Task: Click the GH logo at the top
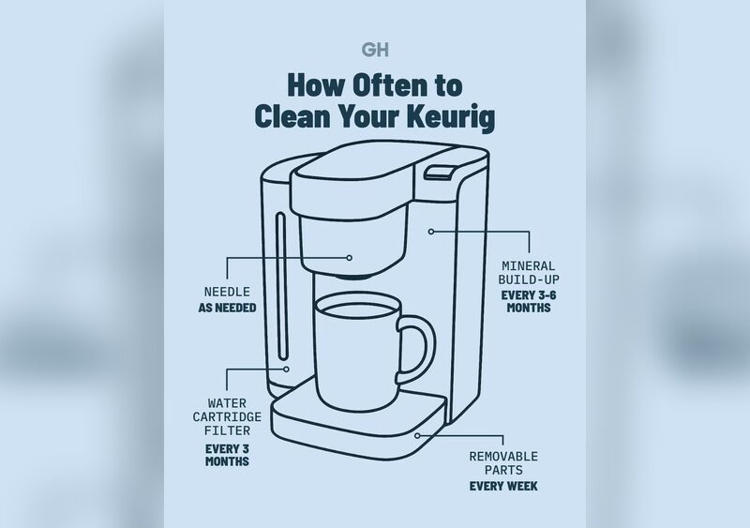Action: (x=375, y=50)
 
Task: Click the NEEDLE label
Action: (x=227, y=292)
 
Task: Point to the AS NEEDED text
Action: (x=227, y=308)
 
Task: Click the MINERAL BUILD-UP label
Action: (x=529, y=272)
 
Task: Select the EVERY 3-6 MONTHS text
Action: (x=529, y=301)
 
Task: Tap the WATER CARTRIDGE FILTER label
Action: (x=227, y=417)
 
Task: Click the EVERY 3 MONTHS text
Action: (x=227, y=455)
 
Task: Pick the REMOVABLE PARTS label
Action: (x=503, y=463)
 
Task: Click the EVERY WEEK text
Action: (x=503, y=486)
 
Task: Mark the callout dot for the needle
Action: (x=349, y=258)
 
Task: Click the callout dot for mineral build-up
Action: (x=431, y=232)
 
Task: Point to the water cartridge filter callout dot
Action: (x=286, y=370)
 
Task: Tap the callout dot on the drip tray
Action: (x=417, y=435)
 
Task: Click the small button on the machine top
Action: (x=439, y=173)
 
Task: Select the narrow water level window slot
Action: (x=282, y=286)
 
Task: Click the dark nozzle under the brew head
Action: (x=354, y=277)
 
